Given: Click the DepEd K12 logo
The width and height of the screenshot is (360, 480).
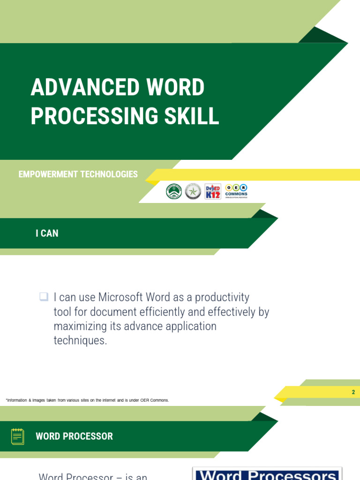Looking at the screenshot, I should (213, 191).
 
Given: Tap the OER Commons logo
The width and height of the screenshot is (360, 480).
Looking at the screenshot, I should (236, 191).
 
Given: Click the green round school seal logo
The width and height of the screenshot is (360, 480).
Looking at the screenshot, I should (174, 191).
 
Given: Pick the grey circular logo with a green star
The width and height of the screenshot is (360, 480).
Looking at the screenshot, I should (193, 191).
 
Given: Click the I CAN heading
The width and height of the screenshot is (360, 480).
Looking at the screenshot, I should (47, 233).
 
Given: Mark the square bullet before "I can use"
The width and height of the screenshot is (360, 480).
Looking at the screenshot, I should (44, 297).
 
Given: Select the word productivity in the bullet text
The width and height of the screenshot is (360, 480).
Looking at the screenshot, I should (222, 298).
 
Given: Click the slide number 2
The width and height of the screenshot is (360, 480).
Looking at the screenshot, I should (353, 392).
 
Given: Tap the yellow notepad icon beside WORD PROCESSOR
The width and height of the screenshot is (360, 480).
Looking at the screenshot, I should (18, 436).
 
